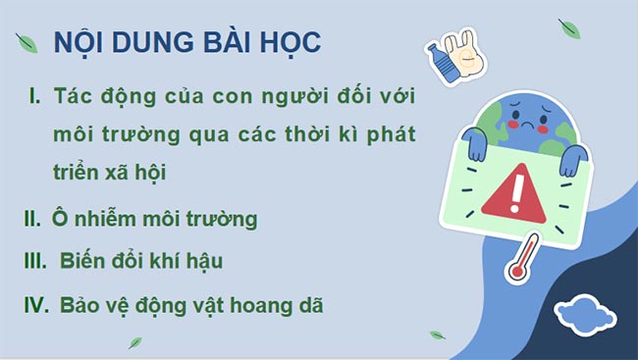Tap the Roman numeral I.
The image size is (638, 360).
(34, 96)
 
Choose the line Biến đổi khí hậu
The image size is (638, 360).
(141, 261)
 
